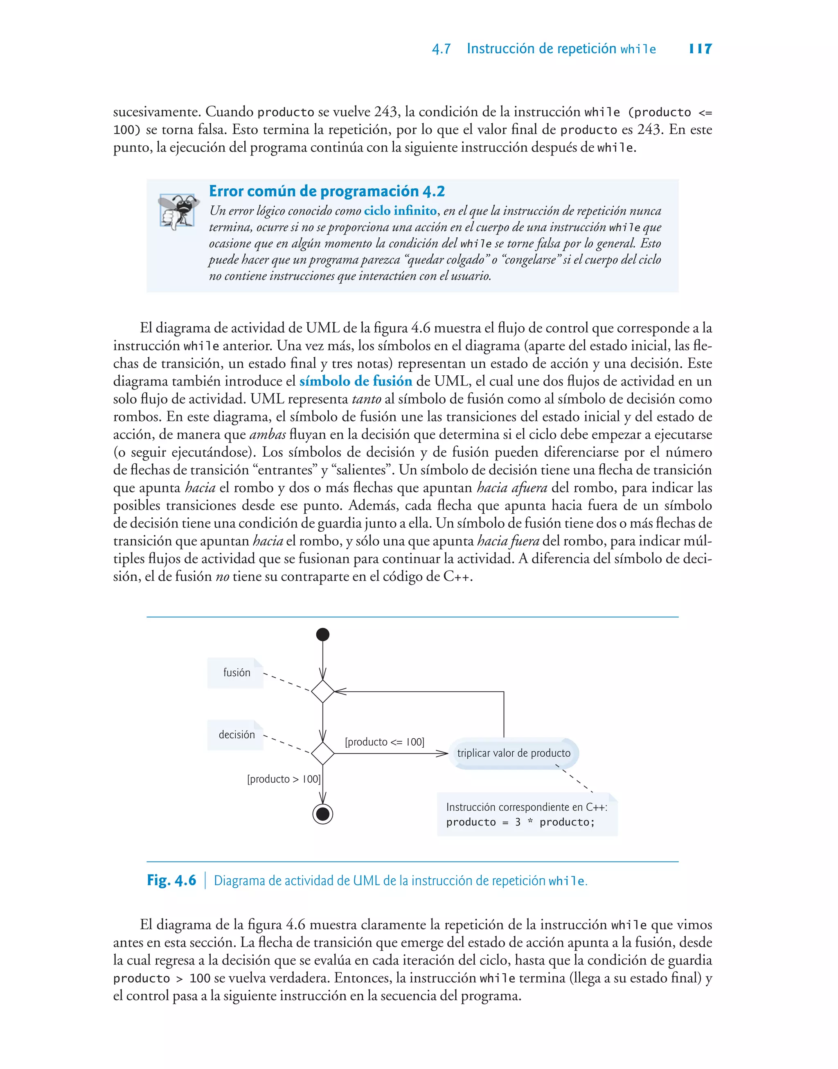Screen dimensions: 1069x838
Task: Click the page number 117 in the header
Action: point(700,49)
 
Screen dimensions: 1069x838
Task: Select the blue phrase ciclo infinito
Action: point(400,211)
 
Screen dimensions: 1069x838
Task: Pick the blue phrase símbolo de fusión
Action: point(356,381)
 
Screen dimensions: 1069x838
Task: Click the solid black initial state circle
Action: point(323,634)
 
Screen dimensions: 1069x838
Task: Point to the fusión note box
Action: point(236,672)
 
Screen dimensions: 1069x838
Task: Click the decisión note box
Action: point(236,734)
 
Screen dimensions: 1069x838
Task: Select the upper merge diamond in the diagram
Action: point(323,691)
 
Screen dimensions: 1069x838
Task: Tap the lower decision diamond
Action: point(323,753)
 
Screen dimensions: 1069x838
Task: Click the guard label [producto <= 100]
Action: point(385,742)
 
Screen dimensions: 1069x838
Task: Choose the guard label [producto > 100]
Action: point(284,779)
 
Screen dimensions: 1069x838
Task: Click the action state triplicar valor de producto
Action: point(514,753)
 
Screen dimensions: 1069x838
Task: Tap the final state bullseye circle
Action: point(323,814)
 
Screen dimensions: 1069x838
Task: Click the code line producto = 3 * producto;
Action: point(520,822)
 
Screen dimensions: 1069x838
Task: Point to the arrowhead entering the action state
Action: point(443,753)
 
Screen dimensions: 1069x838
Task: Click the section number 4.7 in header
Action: point(441,49)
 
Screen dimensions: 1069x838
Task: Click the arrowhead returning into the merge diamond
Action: point(340,691)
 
